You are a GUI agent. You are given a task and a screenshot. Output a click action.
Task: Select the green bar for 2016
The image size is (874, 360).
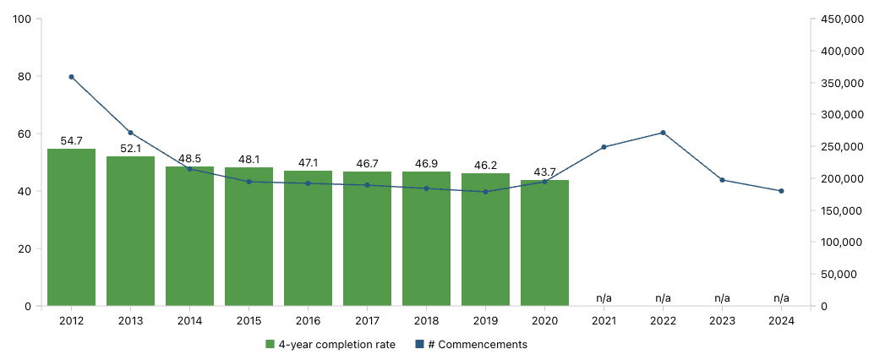[308, 237]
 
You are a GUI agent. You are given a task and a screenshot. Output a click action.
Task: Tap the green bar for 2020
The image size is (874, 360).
[544, 243]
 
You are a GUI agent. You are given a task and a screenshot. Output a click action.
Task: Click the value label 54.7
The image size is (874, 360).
[71, 141]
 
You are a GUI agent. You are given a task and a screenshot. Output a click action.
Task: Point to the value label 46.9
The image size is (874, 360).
[426, 163]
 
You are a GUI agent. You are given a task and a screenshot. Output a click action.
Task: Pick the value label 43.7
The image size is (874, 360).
[544, 172]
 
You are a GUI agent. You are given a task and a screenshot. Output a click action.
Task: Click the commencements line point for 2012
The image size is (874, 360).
[71, 77]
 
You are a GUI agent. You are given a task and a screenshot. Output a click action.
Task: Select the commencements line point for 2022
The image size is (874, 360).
[663, 133]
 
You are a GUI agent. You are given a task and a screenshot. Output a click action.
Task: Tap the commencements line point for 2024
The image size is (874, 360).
[781, 191]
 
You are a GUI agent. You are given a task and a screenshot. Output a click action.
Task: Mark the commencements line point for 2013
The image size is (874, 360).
[130, 133]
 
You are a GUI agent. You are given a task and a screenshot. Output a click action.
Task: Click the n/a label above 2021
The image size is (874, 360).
[604, 298]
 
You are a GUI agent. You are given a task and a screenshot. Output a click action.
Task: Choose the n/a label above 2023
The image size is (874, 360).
[722, 298]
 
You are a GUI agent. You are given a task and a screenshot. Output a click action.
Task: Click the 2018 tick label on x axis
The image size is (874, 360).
[426, 321]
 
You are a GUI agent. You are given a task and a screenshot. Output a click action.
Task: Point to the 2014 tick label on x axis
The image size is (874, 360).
[189, 321]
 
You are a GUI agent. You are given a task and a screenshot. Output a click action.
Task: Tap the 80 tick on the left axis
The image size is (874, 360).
[23, 77]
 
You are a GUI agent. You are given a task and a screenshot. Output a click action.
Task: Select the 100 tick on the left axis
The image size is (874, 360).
[20, 19]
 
